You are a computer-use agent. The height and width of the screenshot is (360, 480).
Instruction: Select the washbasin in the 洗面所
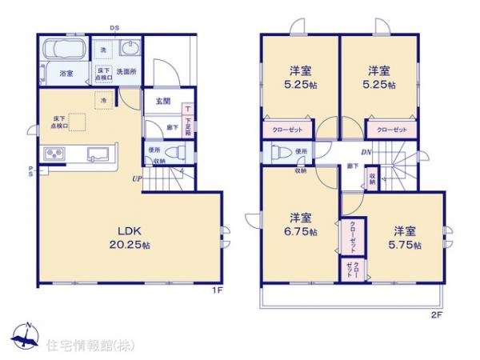(x=129, y=51)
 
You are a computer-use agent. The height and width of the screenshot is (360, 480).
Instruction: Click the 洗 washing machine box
(x=103, y=50)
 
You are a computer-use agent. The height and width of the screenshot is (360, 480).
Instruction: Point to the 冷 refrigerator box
(x=104, y=100)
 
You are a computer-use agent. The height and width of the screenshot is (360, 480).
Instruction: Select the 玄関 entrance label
(x=162, y=101)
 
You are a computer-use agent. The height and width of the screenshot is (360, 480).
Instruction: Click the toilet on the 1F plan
(x=178, y=151)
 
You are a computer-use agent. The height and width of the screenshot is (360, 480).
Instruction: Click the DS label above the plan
(x=114, y=27)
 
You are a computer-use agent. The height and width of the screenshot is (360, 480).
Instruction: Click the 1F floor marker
(x=216, y=290)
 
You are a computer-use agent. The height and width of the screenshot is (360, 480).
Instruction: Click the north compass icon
(x=26, y=337)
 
